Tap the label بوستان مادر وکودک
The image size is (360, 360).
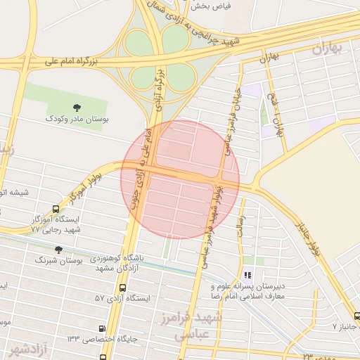[x=77, y=120]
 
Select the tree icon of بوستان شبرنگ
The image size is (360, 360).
[x=58, y=250]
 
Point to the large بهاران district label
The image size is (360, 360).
[x=329, y=49]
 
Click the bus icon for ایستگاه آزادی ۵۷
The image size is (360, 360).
[x=123, y=288]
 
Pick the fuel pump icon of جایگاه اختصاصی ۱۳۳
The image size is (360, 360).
[x=103, y=328]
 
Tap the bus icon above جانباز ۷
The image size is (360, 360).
[x=356, y=316]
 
